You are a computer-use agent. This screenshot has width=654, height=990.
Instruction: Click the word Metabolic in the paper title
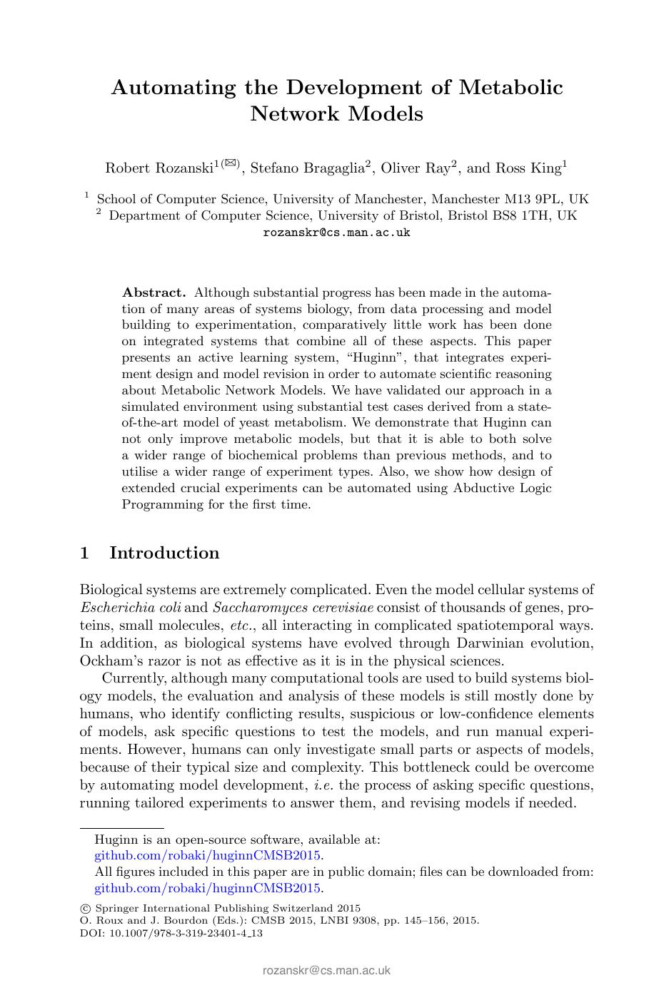tap(510, 88)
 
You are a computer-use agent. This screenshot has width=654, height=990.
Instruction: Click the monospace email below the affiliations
tap(336, 233)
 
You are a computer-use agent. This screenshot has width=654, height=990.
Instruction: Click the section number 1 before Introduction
tap(85, 553)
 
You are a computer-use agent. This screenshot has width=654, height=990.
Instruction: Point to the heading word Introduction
tap(164, 553)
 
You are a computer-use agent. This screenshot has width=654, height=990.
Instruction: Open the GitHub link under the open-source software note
tap(208, 855)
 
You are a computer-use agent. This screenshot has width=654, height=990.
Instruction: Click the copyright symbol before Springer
tap(85, 909)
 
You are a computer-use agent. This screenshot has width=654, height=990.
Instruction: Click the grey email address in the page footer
tap(326, 970)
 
